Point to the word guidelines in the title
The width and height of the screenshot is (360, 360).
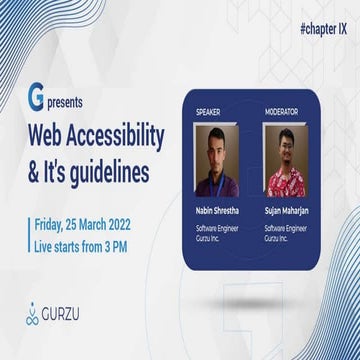[x=103, y=170]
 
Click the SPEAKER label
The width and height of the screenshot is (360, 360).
[x=209, y=111]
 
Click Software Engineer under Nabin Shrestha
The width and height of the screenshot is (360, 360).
[x=218, y=229]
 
